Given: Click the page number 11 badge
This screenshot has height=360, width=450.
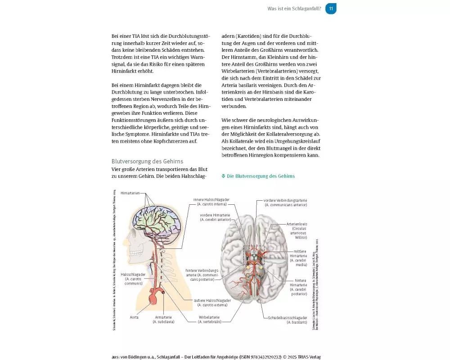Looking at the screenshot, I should (x=331, y=9).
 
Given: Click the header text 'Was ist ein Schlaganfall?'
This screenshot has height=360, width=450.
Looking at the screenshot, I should (x=294, y=9).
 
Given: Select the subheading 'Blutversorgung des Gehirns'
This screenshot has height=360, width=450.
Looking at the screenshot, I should (x=147, y=161).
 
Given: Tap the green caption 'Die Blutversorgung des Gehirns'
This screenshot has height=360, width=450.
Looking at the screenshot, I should (x=261, y=176).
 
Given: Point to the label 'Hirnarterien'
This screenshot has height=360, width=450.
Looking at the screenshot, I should (x=130, y=193).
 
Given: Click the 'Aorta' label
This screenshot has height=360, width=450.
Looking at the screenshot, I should (x=134, y=317).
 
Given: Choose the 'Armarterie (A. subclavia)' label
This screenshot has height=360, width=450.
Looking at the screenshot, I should (x=163, y=319).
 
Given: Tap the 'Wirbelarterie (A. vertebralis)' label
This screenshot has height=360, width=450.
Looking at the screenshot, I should (x=209, y=319).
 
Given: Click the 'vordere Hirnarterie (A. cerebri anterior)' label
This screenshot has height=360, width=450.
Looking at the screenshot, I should (x=215, y=217).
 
